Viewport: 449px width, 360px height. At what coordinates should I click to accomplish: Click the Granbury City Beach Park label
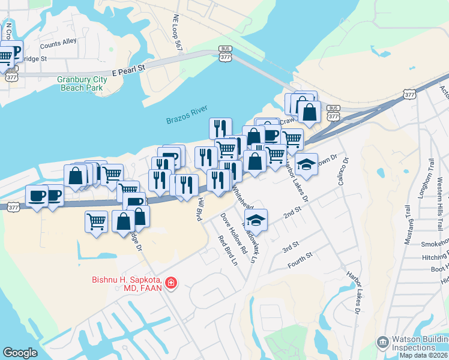[x=81, y=83]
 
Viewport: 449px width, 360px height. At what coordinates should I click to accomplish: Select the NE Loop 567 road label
[x=177, y=32]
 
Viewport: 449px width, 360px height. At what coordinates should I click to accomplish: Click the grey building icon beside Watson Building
[x=382, y=343]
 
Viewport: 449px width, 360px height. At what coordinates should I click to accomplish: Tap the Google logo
[x=20, y=353]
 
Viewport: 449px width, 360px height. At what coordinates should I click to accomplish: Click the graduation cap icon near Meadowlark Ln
[x=256, y=220]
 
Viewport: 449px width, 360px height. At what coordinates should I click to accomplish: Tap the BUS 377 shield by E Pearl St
[x=225, y=53]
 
